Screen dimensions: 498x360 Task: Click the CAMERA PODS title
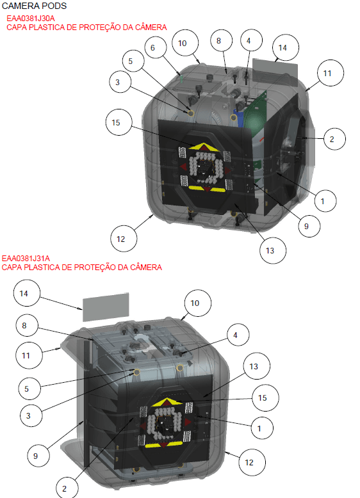tap(34, 6)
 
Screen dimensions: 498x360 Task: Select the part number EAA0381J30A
tap(30, 19)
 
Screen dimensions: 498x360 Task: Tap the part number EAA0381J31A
tap(26, 258)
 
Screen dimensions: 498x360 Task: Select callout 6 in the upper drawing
tap(153, 48)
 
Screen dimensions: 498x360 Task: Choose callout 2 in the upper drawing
tap(332, 138)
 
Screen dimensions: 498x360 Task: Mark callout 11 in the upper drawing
tap(327, 74)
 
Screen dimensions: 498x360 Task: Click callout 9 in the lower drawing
tap(37, 456)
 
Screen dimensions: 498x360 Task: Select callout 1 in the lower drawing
tap(259, 428)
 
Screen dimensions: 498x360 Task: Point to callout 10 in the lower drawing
tap(195, 302)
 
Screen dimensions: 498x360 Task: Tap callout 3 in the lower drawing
tap(29, 415)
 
